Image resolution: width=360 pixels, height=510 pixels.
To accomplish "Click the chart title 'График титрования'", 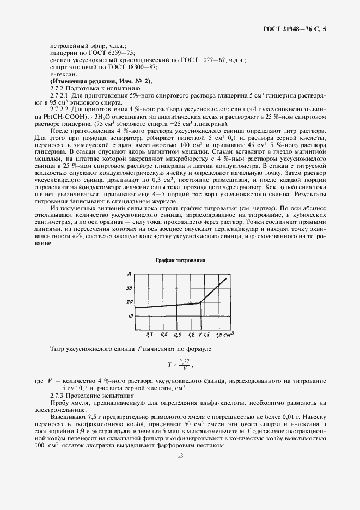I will tap(180, 261).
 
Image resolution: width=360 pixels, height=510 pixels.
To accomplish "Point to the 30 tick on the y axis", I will tap(129, 287).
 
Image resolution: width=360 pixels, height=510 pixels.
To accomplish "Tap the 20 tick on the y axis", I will tap(129, 301).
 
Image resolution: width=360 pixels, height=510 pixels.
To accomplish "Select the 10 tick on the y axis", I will tap(129, 315).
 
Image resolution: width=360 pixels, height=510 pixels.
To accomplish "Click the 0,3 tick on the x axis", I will tap(149, 333).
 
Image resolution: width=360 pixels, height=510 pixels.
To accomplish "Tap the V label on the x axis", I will tap(200, 333).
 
